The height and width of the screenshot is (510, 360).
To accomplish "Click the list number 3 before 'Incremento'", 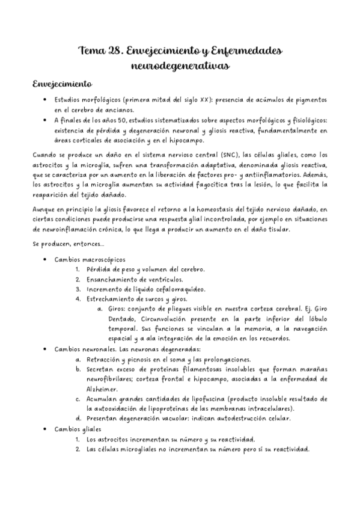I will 78,290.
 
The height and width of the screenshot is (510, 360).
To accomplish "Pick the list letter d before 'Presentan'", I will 78,418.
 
